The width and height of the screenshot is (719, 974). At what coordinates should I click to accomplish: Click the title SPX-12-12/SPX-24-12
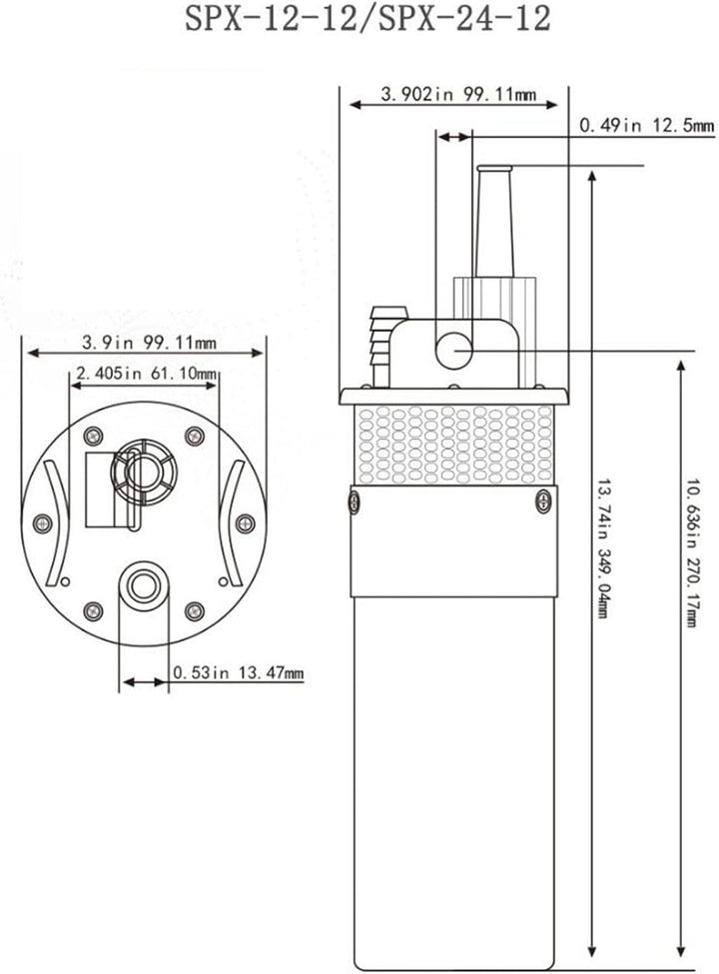pyautogui.click(x=367, y=19)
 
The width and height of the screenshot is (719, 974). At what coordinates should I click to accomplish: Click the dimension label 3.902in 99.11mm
pyautogui.click(x=458, y=95)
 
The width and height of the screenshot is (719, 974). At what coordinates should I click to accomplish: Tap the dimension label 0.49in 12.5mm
pyautogui.click(x=646, y=126)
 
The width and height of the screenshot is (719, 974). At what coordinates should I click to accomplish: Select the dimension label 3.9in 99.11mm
pyautogui.click(x=149, y=343)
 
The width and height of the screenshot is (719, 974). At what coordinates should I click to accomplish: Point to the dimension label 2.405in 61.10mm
pyautogui.click(x=147, y=374)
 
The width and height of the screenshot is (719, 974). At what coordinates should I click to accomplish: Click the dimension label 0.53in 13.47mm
pyautogui.click(x=239, y=672)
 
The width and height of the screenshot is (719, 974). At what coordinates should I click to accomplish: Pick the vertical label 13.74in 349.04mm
pyautogui.click(x=601, y=547)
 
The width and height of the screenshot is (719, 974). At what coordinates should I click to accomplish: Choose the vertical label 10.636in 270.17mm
pyautogui.click(x=690, y=552)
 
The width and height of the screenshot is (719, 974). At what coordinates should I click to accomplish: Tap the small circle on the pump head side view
pyautogui.click(x=454, y=351)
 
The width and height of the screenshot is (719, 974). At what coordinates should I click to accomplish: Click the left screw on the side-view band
pyautogui.click(x=354, y=501)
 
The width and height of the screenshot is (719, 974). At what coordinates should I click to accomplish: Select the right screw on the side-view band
pyautogui.click(x=543, y=501)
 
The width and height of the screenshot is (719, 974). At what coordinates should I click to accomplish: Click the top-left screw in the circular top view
pyautogui.click(x=93, y=437)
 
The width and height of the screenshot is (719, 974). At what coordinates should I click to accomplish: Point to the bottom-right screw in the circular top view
pyautogui.click(x=195, y=611)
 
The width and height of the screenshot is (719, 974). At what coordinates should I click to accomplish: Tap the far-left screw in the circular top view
pyautogui.click(x=42, y=523)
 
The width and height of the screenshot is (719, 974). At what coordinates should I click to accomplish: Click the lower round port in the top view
pyautogui.click(x=144, y=585)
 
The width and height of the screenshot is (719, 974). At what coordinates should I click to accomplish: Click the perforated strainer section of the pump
pyautogui.click(x=455, y=445)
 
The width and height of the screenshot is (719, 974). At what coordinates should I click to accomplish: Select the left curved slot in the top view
pyautogui.click(x=57, y=523)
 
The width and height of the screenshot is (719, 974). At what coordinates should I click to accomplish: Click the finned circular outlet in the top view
pyautogui.click(x=144, y=473)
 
